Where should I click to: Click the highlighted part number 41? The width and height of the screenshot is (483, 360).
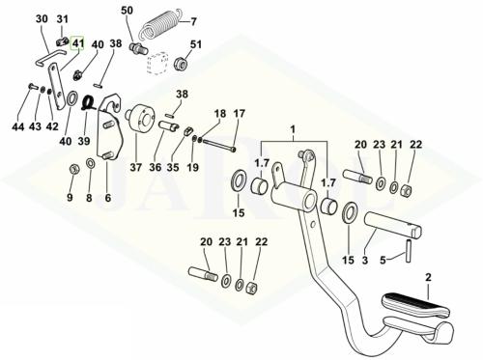click(77, 43)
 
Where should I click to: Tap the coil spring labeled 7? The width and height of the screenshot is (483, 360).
click(159, 23)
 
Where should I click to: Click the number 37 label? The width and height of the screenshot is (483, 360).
click(136, 167)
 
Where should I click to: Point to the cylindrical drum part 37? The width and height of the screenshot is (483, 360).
click(139, 118)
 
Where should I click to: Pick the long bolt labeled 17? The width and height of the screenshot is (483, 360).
click(219, 145)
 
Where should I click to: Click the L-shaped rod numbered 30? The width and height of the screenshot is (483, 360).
click(49, 55)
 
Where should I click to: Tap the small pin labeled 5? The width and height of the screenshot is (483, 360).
click(409, 250)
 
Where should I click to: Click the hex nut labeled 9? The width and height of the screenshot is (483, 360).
click(74, 168)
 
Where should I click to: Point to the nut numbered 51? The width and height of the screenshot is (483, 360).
click(181, 64)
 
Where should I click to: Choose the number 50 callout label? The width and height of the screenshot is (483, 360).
click(127, 11)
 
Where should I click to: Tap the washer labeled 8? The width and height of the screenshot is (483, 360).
click(91, 163)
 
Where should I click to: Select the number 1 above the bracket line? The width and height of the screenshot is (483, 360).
click(293, 129)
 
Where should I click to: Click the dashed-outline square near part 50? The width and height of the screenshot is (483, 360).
click(157, 64)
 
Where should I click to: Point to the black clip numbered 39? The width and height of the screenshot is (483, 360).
click(89, 103)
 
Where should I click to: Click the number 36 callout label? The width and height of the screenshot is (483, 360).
click(156, 167)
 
